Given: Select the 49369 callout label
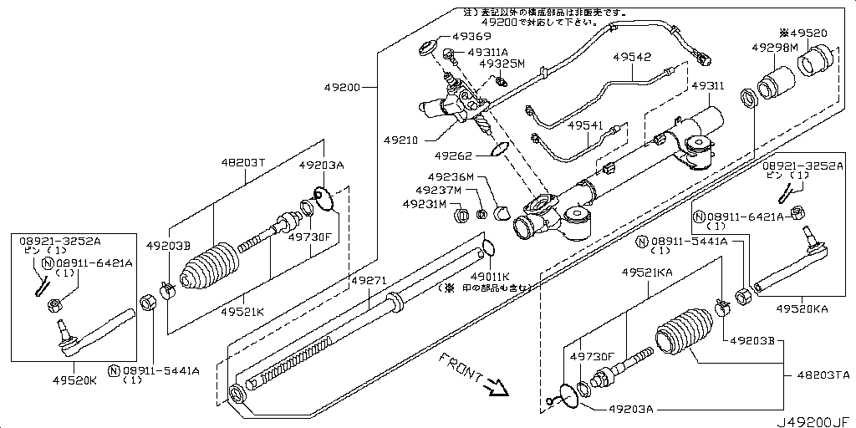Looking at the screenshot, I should pos(471,37).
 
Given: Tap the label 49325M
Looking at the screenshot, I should pos(502,64).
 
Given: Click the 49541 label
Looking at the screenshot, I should pos(585,125).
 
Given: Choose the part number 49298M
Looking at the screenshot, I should pos(773,48).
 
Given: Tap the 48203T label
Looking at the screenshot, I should pos(242,162).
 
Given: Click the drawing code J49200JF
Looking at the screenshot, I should pos(817,420).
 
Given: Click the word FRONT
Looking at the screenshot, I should pos(458,366).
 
